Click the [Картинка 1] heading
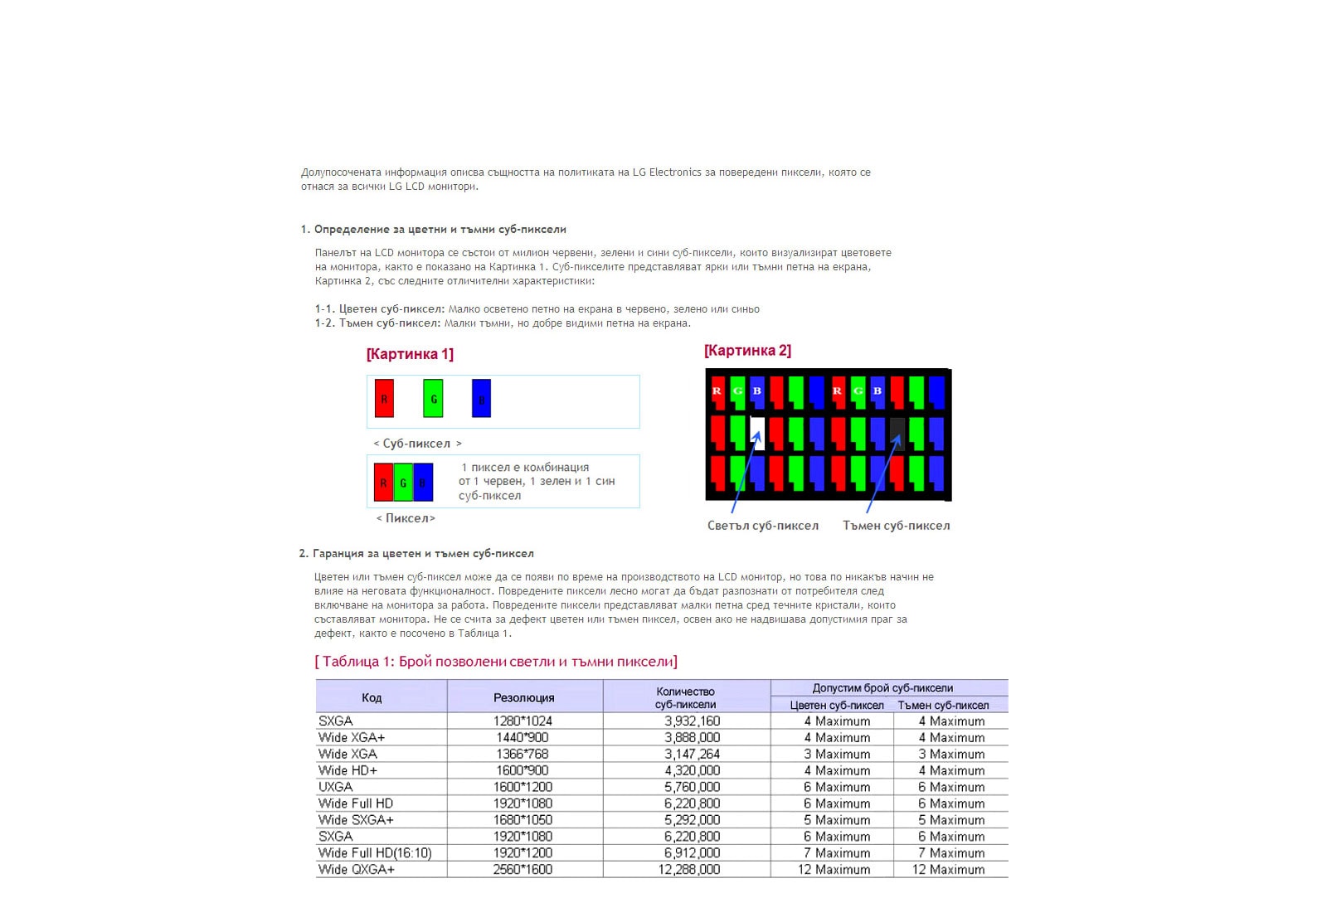click(410, 354)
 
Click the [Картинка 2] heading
click(747, 351)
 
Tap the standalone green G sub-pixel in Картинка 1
click(433, 398)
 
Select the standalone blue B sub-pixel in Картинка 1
click(481, 398)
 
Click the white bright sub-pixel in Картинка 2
click(757, 432)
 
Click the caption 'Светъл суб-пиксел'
click(762, 526)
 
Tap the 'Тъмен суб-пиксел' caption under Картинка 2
click(896, 526)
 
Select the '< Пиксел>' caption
click(406, 518)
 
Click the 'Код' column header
click(372, 697)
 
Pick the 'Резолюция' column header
click(523, 697)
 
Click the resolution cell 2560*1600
click(523, 870)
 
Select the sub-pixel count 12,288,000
click(689, 870)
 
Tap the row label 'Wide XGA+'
click(352, 737)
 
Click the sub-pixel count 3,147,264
click(692, 754)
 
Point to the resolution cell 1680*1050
click(523, 820)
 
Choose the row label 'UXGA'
click(336, 787)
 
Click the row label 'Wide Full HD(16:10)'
click(375, 853)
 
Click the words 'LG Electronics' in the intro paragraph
click(667, 172)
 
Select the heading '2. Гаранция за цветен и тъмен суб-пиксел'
click(416, 553)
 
